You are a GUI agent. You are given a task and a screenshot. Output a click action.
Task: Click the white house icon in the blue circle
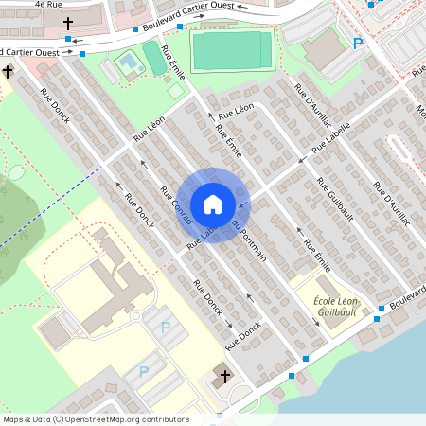coord(213,204)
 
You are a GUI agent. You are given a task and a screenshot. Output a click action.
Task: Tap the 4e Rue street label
coord(46,5)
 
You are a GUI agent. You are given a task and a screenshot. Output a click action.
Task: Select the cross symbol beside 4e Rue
coord(68,22)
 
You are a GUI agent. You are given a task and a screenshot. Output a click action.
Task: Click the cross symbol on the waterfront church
coord(225,377)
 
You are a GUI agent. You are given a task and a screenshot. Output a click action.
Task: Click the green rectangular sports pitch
coord(231,50)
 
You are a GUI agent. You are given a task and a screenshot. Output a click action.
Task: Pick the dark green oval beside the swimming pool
coord(153,58)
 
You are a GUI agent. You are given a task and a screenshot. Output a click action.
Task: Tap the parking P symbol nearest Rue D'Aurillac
coord(358,44)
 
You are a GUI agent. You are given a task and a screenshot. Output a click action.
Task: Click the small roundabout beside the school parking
coord(138,316)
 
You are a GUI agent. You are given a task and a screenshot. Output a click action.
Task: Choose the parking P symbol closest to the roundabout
coord(166,328)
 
